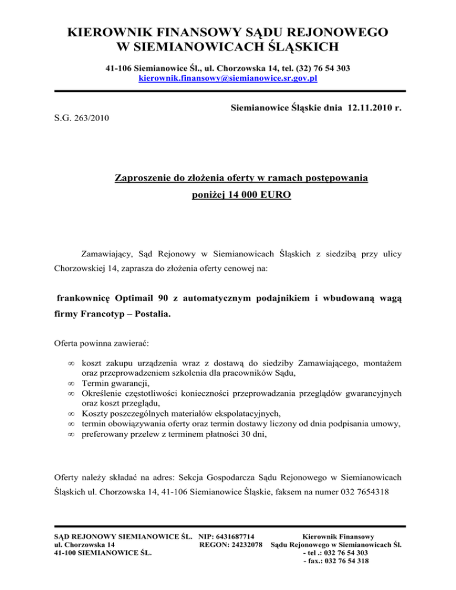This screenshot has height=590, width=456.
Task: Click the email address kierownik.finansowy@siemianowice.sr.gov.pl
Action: click(x=228, y=78)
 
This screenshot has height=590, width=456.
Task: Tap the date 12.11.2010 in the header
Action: click(x=364, y=109)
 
